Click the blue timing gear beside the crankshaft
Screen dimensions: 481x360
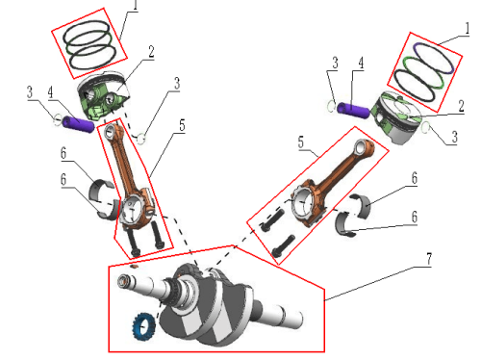point(143,327)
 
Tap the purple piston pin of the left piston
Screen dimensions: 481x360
point(78,123)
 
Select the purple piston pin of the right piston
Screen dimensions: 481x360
point(353,109)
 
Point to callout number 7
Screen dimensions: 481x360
point(429,259)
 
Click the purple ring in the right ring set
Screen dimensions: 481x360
point(434,58)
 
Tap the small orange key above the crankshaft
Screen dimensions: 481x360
point(134,266)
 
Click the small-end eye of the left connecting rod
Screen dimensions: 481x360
point(109,130)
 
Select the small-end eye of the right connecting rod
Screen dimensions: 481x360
point(363,147)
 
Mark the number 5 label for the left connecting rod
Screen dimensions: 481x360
point(182,125)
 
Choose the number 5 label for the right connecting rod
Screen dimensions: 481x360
point(301,142)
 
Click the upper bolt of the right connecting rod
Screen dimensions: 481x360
point(272,219)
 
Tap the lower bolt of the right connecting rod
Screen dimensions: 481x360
point(283,246)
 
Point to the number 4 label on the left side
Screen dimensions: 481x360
point(50,92)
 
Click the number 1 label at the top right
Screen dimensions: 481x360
point(467,29)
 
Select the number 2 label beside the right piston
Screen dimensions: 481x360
point(461,106)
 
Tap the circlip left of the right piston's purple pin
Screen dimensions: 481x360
point(331,106)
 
